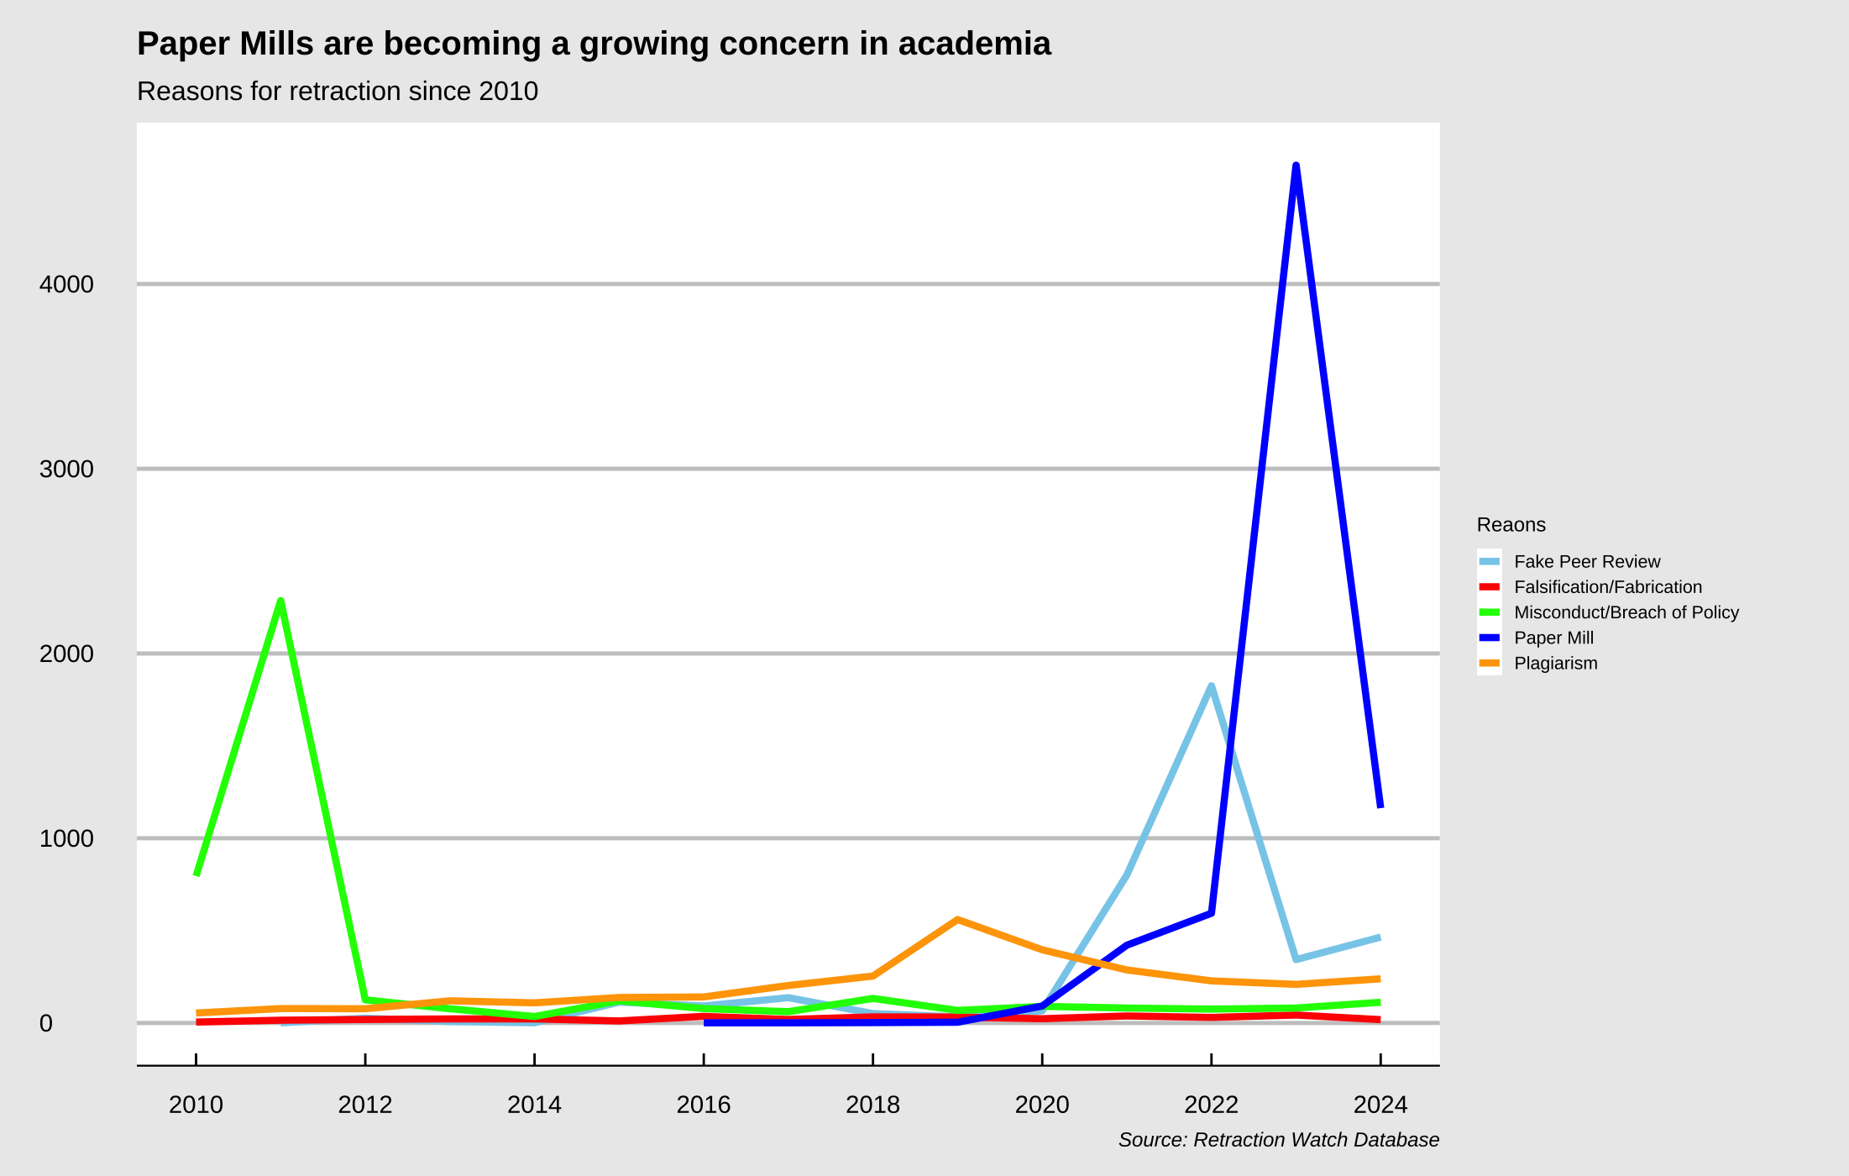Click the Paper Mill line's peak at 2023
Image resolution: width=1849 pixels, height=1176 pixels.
[x=1296, y=167]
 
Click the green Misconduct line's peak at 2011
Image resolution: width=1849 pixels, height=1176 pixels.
[x=280, y=601]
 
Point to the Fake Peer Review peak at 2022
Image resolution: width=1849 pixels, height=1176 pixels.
[x=1211, y=687]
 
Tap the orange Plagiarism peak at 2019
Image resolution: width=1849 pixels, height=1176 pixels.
[x=957, y=920]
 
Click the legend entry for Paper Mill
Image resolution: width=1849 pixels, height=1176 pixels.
[x=1553, y=638]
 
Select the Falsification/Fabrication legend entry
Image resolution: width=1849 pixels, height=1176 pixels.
[x=1607, y=587]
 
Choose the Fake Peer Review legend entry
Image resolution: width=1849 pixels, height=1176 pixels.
[x=1586, y=562]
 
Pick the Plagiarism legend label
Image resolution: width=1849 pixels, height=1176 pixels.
[x=1555, y=664]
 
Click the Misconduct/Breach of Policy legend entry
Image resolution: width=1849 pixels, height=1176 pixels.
[x=1626, y=612]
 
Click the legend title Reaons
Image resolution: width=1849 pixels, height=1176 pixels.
[x=1511, y=525]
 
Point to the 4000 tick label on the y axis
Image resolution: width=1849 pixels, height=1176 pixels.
[x=66, y=285]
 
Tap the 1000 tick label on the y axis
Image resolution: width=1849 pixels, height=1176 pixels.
[x=66, y=838]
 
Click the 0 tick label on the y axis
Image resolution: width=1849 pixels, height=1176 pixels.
[x=46, y=1023]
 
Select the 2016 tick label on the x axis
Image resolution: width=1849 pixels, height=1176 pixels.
[x=704, y=1105]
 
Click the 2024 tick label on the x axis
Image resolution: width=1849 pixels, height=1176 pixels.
[x=1380, y=1105]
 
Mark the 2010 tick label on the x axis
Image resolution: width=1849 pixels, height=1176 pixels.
[x=196, y=1105]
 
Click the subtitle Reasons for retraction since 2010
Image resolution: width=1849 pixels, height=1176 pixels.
[x=337, y=91]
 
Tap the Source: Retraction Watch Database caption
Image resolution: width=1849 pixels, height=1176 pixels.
[x=1278, y=1140]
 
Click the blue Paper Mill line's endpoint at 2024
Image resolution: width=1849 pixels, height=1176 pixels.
[x=1380, y=805]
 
